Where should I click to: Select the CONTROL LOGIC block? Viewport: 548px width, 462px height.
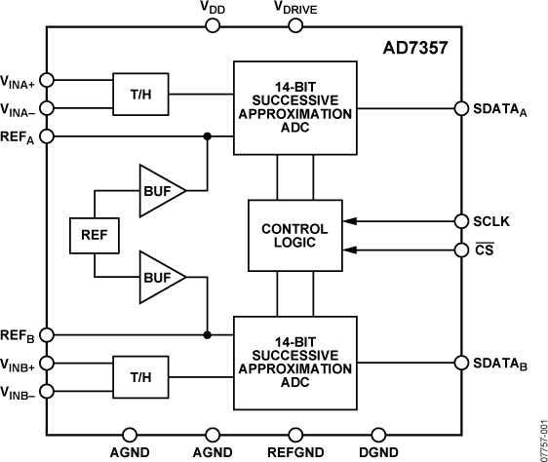pyautogui.click(x=295, y=236)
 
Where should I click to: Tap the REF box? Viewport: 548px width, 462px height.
pyautogui.click(x=94, y=235)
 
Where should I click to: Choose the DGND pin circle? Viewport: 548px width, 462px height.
pyautogui.click(x=378, y=435)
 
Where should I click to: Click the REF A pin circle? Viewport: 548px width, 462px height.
pyautogui.click(x=47, y=136)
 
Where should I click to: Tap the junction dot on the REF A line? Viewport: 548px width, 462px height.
pyautogui.click(x=208, y=136)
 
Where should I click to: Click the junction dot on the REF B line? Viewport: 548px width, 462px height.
pyautogui.click(x=208, y=335)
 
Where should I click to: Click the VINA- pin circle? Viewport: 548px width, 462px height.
pyautogui.click(x=47, y=108)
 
